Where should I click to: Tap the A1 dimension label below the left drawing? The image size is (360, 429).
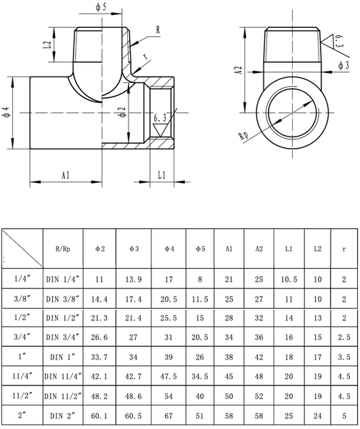tap(65, 174)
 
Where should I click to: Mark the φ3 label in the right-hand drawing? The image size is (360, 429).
tap(342, 65)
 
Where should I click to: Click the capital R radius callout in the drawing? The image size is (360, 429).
tap(158, 31)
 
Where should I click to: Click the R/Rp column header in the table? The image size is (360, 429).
tap(63, 249)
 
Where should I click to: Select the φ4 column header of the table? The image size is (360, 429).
tap(169, 249)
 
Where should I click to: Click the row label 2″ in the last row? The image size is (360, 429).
tap(21, 413)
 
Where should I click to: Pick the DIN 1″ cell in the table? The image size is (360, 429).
tap(63, 356)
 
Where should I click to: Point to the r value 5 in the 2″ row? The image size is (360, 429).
tap(344, 413)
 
